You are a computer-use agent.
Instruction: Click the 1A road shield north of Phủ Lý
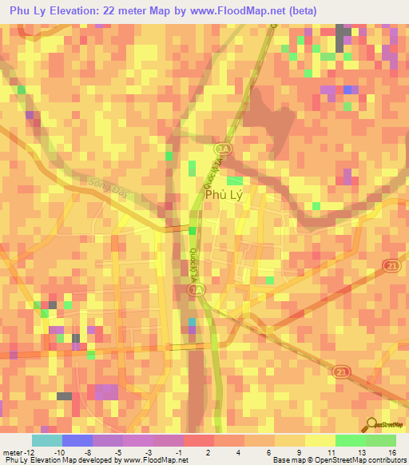coord(221,149)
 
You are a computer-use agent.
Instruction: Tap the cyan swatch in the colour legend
coord(47,439)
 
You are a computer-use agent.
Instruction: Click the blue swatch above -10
coord(77,439)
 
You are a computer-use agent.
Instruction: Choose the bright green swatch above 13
coord(351,439)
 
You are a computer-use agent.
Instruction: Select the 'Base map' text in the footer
coord(285,460)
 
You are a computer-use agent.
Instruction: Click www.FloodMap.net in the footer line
coord(153,460)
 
